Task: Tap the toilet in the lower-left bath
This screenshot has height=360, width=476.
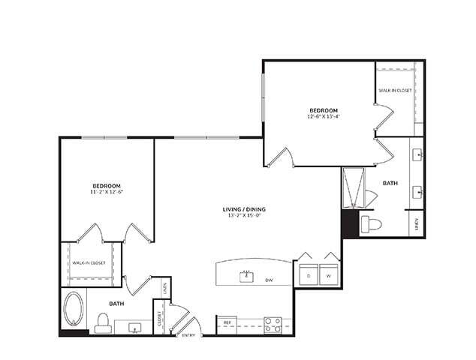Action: [104, 322]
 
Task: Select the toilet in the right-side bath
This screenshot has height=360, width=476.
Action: [369, 223]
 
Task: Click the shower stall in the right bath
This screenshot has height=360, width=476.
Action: [352, 188]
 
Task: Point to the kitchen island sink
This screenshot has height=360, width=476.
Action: [246, 277]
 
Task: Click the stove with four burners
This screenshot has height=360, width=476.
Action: [273, 325]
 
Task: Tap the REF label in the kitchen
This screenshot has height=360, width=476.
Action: [226, 322]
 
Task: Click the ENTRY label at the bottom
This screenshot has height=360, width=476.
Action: [188, 334]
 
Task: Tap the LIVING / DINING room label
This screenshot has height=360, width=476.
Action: [243, 208]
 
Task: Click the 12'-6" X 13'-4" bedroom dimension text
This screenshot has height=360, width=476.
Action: [323, 116]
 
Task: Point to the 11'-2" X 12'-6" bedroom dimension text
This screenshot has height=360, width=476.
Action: [107, 192]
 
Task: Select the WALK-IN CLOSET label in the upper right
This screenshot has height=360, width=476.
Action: [395, 90]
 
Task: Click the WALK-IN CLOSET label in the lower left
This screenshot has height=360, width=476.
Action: [89, 263]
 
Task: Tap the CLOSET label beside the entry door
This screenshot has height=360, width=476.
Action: [159, 318]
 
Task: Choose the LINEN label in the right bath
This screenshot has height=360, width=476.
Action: [417, 223]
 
